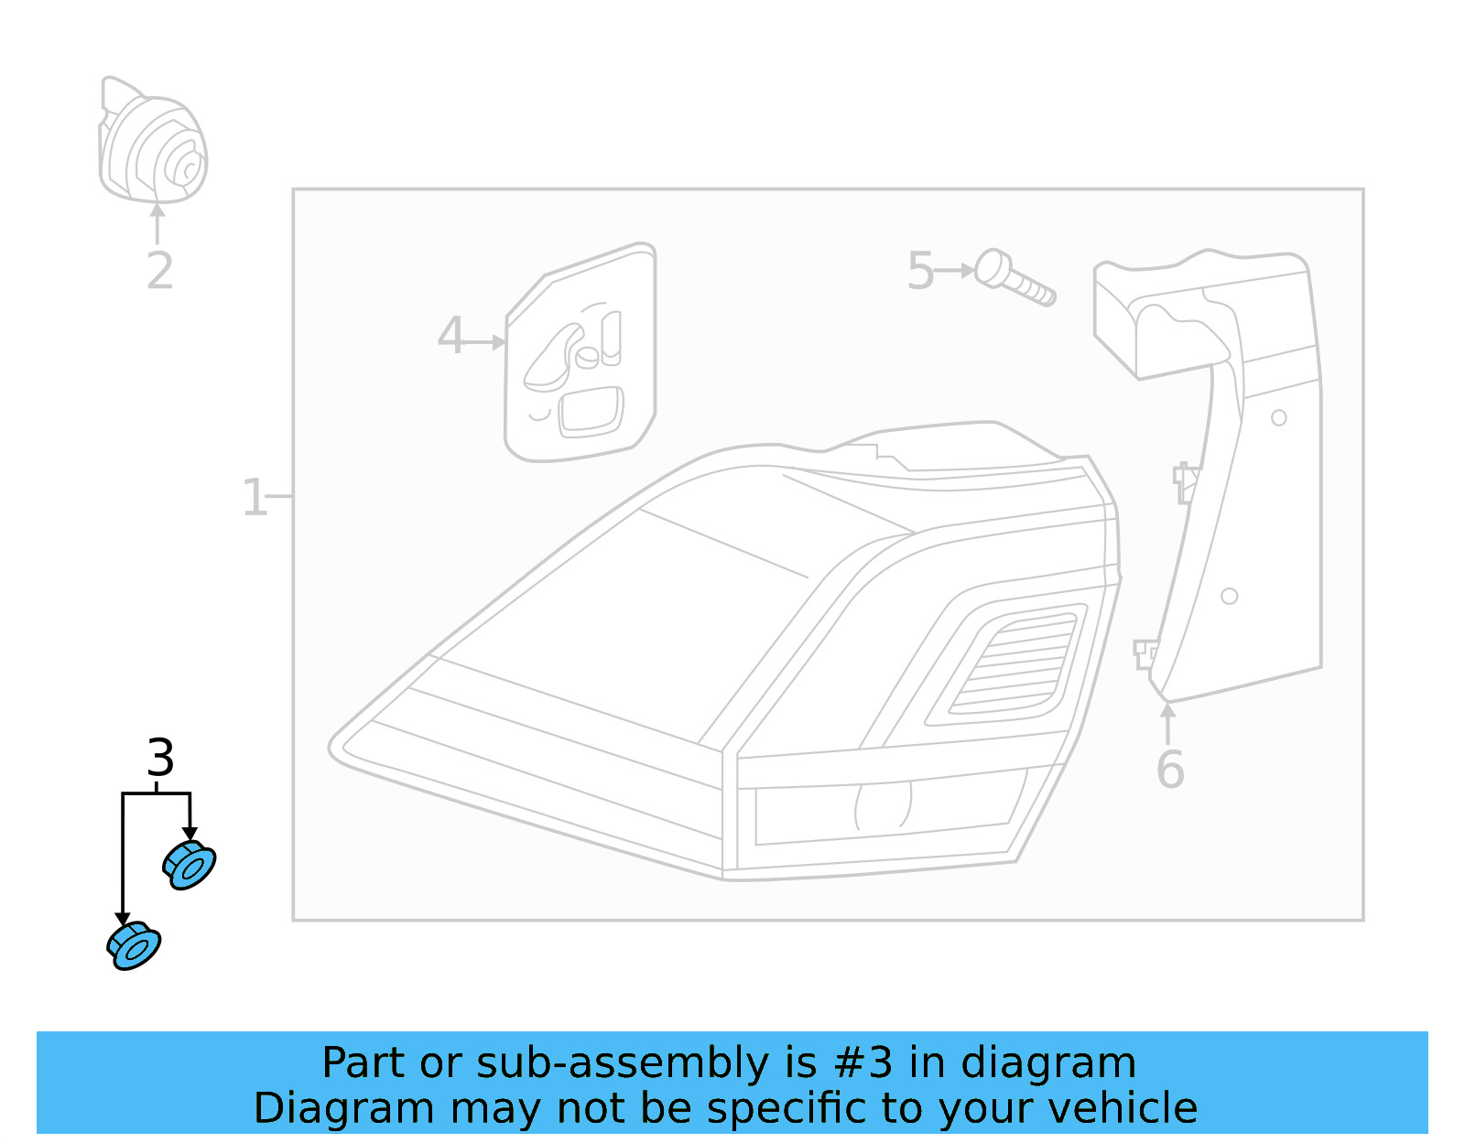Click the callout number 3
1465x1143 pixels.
(160, 758)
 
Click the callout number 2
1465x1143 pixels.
(159, 271)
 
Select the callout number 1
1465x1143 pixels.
(254, 498)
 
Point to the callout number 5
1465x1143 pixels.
(920, 272)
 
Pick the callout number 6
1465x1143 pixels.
(1169, 770)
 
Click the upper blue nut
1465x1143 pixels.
(190, 865)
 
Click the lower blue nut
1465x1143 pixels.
(134, 946)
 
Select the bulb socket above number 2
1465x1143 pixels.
(154, 141)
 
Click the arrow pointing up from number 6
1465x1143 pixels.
(1167, 722)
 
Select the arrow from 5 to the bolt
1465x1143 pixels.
(956, 271)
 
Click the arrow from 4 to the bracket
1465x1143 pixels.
(483, 342)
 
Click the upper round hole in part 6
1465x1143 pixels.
(1279, 418)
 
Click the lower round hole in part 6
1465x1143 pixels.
(1230, 597)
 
